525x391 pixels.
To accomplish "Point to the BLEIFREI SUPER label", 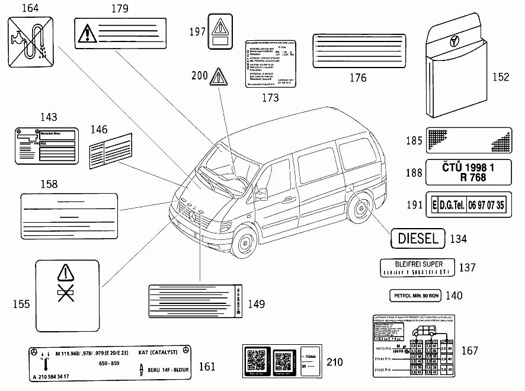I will coord(418,268).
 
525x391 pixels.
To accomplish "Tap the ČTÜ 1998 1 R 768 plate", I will coord(468,172).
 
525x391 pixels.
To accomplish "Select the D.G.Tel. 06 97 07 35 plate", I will coord(468,206).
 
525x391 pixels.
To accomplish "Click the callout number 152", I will coord(501,76).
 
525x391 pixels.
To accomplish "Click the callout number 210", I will coord(335,362).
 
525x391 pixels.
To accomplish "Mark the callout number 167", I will coord(469,351).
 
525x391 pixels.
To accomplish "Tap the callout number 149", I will coord(256,305).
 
